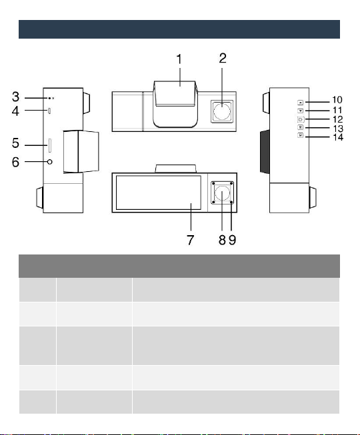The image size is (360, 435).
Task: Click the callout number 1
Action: click(179, 59)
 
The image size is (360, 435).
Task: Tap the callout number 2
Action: click(223, 58)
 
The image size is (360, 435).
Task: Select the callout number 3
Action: click(16, 97)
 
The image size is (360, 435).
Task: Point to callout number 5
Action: click(16, 143)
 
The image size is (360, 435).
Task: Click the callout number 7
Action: click(190, 240)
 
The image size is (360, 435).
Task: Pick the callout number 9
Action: click(233, 240)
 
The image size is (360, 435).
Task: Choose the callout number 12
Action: click(338, 119)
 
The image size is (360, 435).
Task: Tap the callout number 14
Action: click(338, 137)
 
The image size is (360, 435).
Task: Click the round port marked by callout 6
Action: click(50, 162)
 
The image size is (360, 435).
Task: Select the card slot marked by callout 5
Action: click(50, 145)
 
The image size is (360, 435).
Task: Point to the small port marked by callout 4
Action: click(49, 111)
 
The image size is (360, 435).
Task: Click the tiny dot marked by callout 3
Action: click(49, 98)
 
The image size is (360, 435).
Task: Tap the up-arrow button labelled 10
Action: click(300, 103)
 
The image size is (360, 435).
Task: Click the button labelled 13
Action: click(300, 127)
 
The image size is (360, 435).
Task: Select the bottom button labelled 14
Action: click(300, 135)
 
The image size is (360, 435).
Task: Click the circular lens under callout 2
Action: click(222, 111)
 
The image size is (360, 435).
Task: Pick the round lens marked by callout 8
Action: click(222, 193)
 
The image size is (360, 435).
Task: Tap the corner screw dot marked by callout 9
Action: click(231, 203)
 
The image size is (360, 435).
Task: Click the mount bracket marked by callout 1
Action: click(175, 105)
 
